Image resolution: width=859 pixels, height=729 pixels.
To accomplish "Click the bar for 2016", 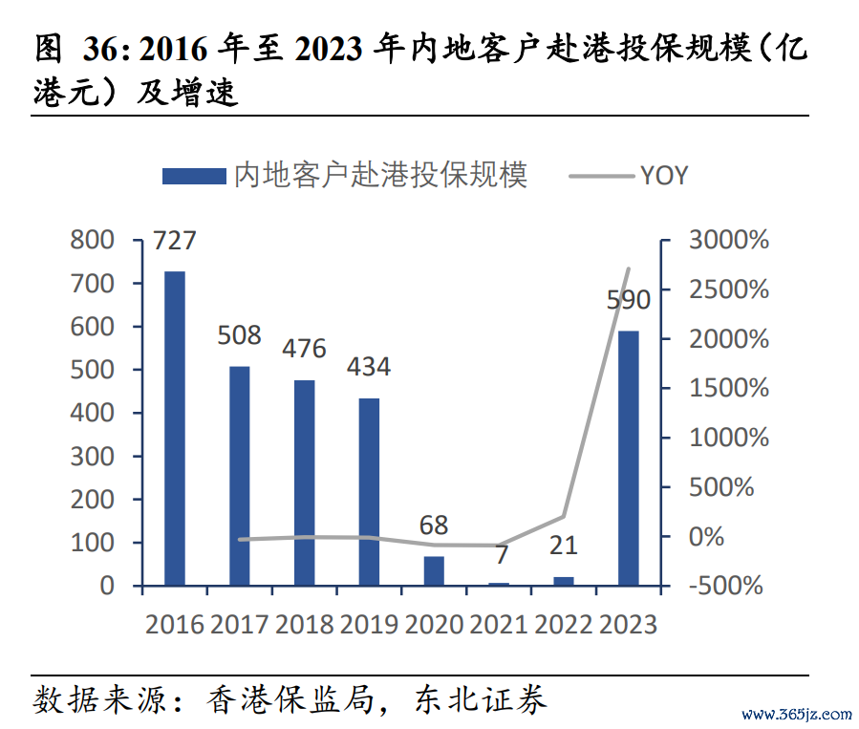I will coord(174,428).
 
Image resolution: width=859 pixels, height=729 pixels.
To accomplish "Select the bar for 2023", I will coord(628,458).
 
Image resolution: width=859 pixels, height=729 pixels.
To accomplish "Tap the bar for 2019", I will coord(369,491).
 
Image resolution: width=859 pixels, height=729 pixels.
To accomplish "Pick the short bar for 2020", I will coord(434,570).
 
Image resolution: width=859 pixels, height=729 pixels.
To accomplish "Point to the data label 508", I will coord(239,335).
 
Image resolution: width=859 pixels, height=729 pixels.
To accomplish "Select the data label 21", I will coord(564,546).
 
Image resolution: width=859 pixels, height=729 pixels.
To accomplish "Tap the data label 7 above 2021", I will coord(500,554).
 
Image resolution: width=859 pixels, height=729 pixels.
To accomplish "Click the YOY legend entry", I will coord(662,175).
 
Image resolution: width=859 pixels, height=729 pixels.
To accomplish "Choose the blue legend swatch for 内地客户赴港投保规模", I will coord(194,176).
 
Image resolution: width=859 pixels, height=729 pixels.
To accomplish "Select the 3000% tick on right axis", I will coord(728,240).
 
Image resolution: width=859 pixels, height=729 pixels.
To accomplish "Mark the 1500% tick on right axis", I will coord(728,388).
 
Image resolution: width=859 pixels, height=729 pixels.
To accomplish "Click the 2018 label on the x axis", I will coord(304,624).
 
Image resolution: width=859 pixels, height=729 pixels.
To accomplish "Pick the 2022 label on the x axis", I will coord(564,624).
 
